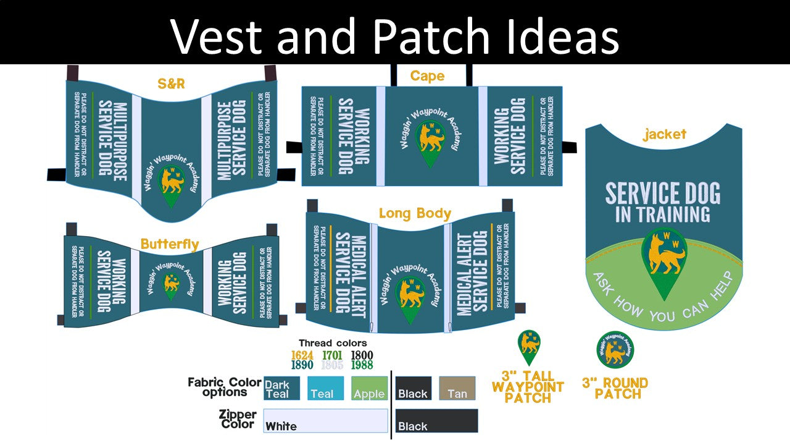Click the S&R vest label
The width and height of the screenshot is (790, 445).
point(171,83)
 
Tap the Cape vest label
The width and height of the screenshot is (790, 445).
point(427,76)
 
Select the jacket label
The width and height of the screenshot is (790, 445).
point(664,134)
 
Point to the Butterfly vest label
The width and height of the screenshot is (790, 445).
point(170,244)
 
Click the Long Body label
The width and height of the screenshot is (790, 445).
point(415,214)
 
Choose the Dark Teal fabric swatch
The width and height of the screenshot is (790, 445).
point(281,388)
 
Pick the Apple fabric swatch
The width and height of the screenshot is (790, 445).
point(370,388)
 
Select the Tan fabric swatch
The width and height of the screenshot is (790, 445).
point(457,388)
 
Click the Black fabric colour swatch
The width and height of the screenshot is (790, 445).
point(413,388)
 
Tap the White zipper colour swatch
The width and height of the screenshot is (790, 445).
point(325,420)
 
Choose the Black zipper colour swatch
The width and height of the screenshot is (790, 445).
point(436,420)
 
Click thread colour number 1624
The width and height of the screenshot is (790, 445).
point(302,355)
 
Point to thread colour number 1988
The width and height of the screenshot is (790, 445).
point(362,365)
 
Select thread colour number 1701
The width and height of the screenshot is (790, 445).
point(332,355)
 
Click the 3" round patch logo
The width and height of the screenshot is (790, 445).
point(615,350)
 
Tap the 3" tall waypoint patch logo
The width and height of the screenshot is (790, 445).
point(529,347)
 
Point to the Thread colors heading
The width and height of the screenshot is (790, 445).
point(333,343)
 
